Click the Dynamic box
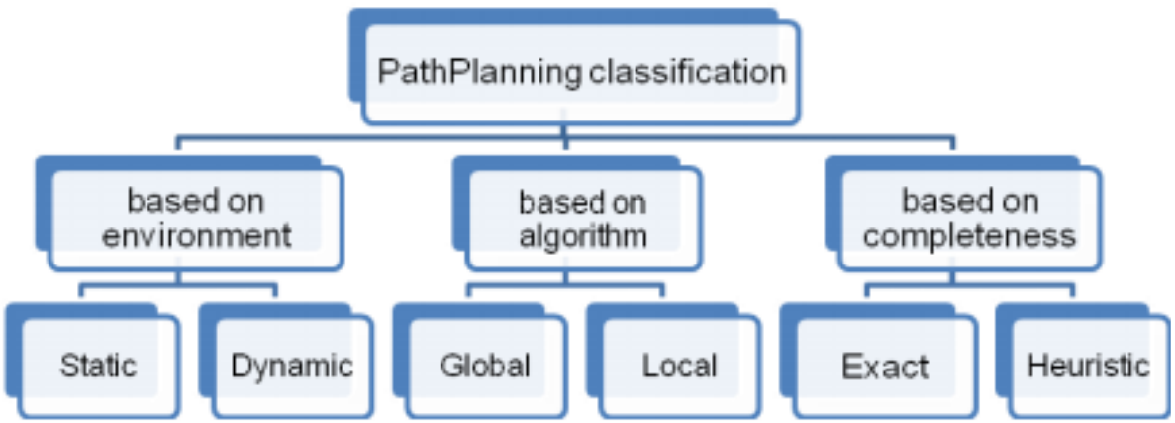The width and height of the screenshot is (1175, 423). (x=291, y=367)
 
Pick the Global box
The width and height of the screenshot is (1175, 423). (x=484, y=367)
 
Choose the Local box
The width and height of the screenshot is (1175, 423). (x=679, y=367)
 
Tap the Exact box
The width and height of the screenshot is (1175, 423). (x=885, y=367)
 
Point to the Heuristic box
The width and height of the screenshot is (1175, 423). (x=1088, y=367)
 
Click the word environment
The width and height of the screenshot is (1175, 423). (x=196, y=236)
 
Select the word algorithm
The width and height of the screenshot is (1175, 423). (x=583, y=236)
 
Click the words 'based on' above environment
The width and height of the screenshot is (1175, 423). (x=196, y=203)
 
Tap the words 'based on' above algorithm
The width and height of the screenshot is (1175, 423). (x=583, y=203)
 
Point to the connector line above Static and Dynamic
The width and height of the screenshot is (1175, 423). (x=178, y=288)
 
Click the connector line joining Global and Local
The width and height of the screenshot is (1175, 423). (x=566, y=288)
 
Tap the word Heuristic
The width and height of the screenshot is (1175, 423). (x=1088, y=367)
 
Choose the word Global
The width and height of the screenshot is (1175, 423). (x=484, y=367)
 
